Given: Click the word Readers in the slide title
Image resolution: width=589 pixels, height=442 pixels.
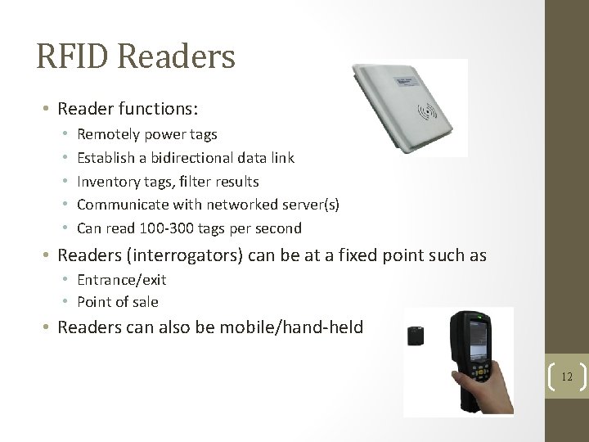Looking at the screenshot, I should tap(177, 56).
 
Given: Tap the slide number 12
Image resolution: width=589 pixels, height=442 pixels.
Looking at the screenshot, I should tap(566, 377).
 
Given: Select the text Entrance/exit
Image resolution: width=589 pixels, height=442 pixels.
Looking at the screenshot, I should tap(121, 280).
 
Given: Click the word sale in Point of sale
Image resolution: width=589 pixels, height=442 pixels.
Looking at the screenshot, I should tap(146, 302).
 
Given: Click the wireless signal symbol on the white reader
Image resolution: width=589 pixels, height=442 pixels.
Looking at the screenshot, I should tap(427, 111).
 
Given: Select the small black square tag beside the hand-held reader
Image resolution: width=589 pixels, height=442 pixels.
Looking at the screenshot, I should tap(416, 336).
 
